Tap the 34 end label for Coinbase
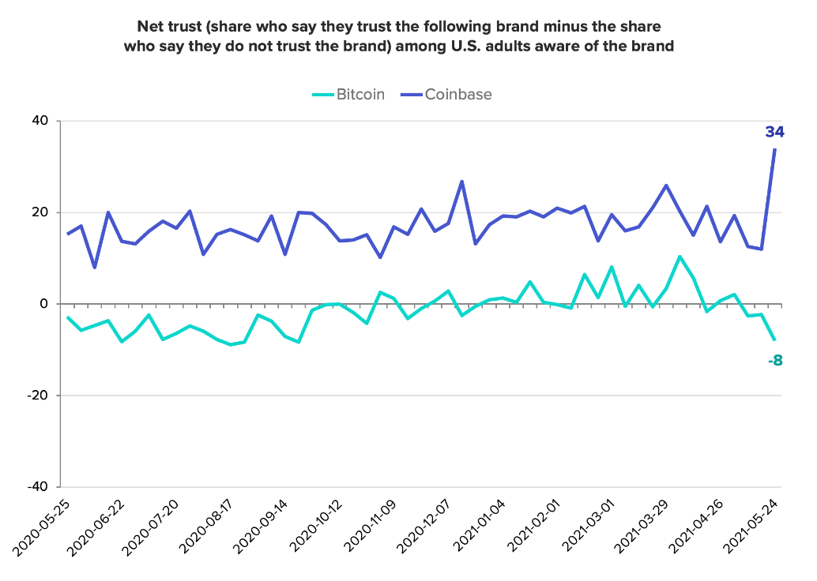click(x=774, y=132)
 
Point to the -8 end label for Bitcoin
click(x=774, y=362)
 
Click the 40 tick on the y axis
click(x=40, y=121)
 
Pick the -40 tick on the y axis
click(x=37, y=487)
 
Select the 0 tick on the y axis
click(x=44, y=304)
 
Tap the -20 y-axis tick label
click(x=37, y=395)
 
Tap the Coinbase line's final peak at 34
click(x=775, y=149)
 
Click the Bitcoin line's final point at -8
click(x=775, y=340)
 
